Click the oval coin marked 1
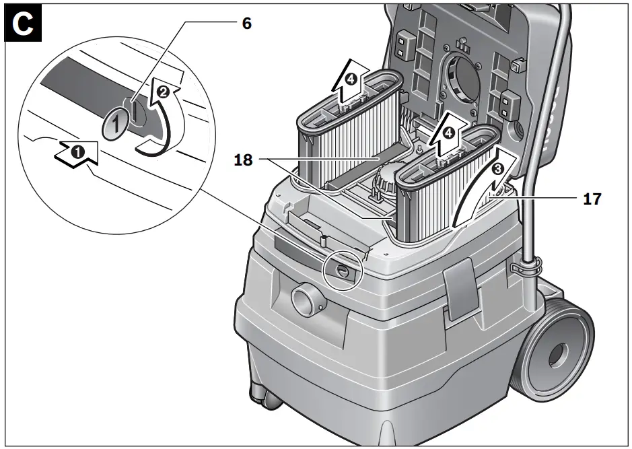point(115,124)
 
